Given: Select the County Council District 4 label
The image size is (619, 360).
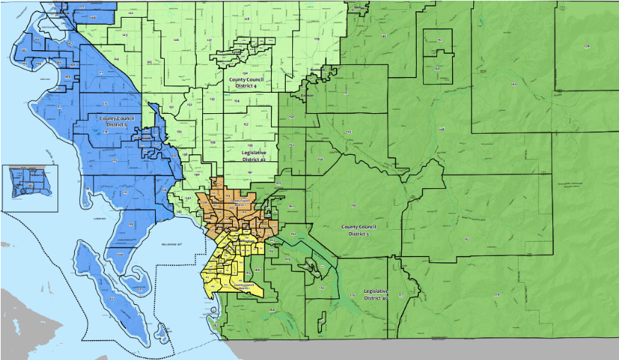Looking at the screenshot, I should coord(247,82).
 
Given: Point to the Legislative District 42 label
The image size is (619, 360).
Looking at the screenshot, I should coord(253,156).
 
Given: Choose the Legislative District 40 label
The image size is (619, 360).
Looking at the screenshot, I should coord(375,294).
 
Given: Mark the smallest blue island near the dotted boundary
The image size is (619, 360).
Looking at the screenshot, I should coord(163,330).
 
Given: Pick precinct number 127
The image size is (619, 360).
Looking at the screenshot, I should coord(209,40).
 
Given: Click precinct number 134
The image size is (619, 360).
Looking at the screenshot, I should coord(237,101).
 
